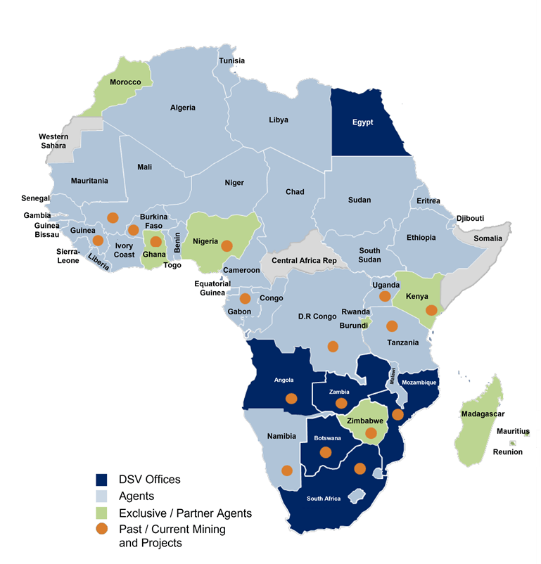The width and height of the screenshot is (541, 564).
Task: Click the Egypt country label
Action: click(x=363, y=122)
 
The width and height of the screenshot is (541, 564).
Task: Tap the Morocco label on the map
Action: click(x=125, y=82)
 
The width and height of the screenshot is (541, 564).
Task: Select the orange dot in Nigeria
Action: click(x=227, y=246)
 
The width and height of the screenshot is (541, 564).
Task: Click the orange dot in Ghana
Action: click(x=156, y=242)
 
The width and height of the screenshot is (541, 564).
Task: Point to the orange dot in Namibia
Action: click(x=286, y=470)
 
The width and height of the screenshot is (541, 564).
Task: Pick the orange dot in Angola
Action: click(x=291, y=399)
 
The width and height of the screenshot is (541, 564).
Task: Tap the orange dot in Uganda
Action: click(x=385, y=296)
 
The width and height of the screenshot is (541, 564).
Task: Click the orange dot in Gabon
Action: click(x=245, y=298)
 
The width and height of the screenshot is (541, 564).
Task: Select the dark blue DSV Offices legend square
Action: click(x=102, y=480)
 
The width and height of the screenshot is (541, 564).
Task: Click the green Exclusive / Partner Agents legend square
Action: click(x=102, y=513)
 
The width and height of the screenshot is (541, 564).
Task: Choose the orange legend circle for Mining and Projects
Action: click(x=102, y=529)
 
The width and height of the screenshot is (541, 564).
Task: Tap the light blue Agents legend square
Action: click(x=102, y=496)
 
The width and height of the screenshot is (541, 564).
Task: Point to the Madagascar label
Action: click(x=483, y=414)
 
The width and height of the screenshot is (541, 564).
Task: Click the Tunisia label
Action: click(x=232, y=60)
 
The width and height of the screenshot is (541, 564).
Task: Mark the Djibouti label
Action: click(x=470, y=218)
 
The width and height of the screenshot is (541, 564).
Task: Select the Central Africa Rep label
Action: click(x=304, y=261)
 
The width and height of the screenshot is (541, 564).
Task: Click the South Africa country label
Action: click(x=324, y=499)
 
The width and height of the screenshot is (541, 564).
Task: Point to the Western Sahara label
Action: click(x=53, y=141)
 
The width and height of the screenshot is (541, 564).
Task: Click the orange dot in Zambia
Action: click(x=341, y=403)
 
